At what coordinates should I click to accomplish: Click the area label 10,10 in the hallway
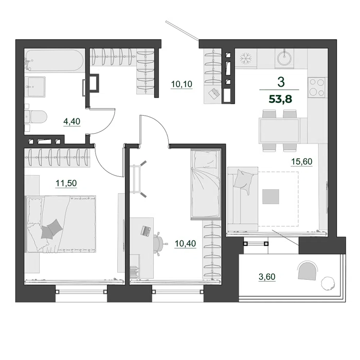click(x=182, y=84)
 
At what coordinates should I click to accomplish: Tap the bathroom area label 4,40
click(x=72, y=121)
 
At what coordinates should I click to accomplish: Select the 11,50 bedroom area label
click(x=66, y=183)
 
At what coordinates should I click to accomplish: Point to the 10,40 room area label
click(x=185, y=243)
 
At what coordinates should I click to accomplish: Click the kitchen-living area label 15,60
click(x=302, y=161)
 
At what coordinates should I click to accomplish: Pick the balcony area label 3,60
click(x=267, y=277)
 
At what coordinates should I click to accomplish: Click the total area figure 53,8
click(x=280, y=99)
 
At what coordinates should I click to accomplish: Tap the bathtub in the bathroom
click(x=55, y=61)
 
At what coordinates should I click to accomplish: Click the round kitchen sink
click(x=284, y=58)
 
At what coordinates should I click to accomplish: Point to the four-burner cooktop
click(x=317, y=87)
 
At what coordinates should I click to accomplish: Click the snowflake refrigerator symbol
click(x=246, y=58)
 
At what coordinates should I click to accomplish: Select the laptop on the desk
click(x=146, y=231)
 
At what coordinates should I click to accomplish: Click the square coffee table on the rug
click(x=271, y=196)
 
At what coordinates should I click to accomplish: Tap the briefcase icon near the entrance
click(x=213, y=94)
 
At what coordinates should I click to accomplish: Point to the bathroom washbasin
click(x=37, y=86)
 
